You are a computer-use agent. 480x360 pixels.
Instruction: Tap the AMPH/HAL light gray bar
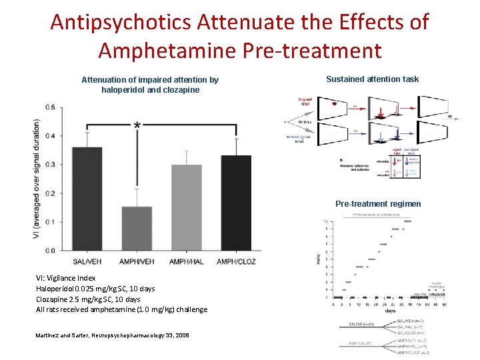(186, 207)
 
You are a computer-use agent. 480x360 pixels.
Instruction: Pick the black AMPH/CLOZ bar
(235, 203)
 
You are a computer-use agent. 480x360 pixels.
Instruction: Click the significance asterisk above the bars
(137, 125)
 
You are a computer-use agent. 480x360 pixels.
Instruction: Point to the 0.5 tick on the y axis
(51, 107)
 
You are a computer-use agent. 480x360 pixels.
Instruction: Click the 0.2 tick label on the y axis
(51, 193)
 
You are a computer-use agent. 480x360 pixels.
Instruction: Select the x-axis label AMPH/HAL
(186, 261)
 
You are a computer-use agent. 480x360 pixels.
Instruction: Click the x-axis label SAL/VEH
(87, 261)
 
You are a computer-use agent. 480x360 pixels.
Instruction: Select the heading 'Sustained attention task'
(372, 79)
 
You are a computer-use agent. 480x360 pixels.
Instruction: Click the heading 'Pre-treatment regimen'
(378, 203)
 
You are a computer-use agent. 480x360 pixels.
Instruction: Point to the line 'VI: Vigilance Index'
(66, 278)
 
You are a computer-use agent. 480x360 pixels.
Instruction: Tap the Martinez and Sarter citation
(113, 335)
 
